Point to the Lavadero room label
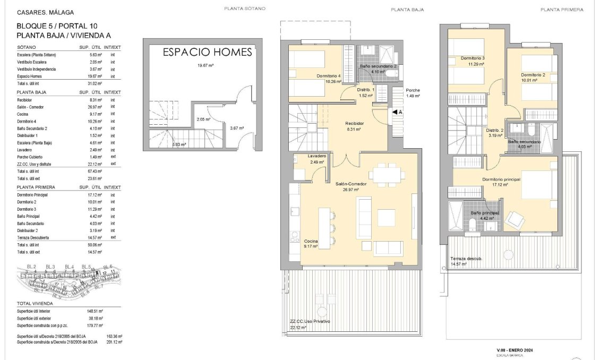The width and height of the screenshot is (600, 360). (316, 156)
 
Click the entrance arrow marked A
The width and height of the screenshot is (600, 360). (396, 112)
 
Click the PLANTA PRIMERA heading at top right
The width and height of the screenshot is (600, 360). (562, 10)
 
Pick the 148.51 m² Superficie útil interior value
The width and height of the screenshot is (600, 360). (96, 311)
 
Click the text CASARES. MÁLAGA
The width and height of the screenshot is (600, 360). (45, 12)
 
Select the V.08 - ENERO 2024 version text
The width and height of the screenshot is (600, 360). (518, 350)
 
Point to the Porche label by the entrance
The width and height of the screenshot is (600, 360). (413, 90)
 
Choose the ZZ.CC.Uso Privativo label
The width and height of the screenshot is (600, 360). (310, 322)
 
